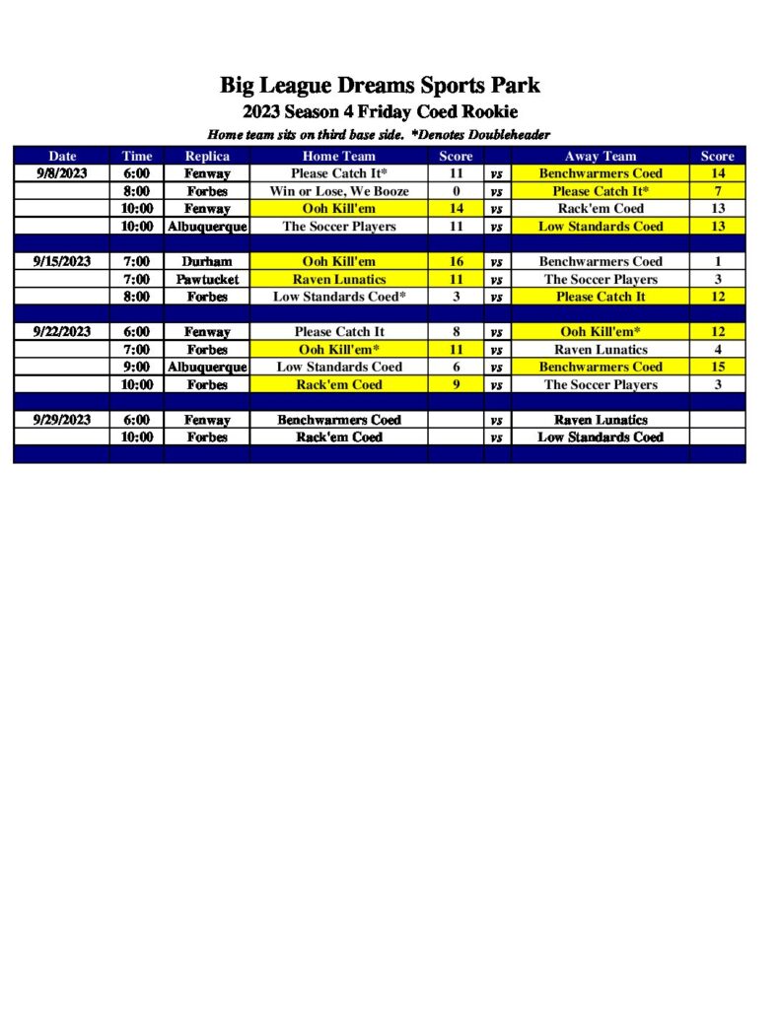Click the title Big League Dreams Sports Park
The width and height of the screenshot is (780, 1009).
coord(380,85)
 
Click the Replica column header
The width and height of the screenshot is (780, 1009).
coord(207,156)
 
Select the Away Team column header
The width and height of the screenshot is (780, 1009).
coord(601,156)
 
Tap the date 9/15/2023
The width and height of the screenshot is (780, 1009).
coord(61,262)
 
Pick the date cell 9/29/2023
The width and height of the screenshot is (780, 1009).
coord(61,420)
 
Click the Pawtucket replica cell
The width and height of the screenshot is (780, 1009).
coord(207,280)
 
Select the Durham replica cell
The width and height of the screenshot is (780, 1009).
coord(207,262)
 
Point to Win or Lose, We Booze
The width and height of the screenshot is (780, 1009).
coord(339,191)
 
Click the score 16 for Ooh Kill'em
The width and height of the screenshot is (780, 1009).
coord(457,262)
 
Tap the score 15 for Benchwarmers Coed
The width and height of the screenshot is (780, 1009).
coord(718,367)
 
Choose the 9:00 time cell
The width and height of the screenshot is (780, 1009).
coord(137,367)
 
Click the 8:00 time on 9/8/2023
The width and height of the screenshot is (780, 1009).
coord(137,191)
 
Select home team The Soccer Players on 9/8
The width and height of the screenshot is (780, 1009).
coord(339,227)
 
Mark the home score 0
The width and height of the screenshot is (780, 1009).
coord(457,191)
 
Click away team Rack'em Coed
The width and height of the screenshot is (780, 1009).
coord(601,209)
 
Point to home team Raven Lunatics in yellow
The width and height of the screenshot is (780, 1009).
coord(339,280)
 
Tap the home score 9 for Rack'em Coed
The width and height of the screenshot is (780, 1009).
coord(457,384)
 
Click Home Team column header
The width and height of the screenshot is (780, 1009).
coord(339,156)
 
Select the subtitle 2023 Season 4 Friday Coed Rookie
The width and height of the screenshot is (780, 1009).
coord(380,111)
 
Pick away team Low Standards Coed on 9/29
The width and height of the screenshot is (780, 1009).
coord(601,437)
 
